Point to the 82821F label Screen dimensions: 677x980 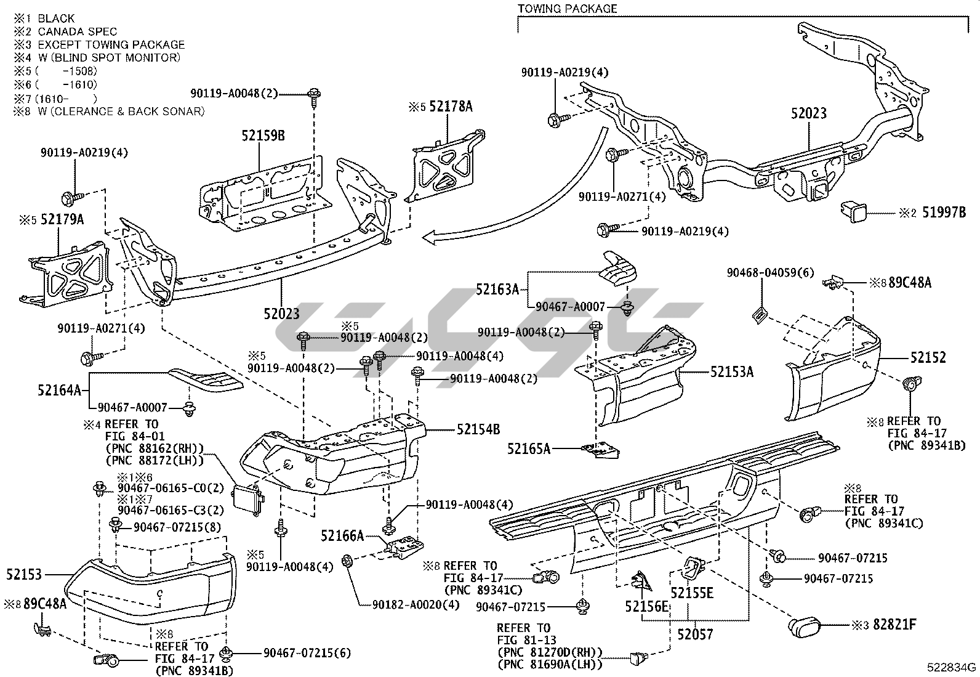[893, 625]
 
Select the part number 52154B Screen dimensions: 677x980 [478, 429]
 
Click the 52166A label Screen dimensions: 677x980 [342, 536]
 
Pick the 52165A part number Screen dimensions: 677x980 [528, 448]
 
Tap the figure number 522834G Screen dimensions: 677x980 [952, 667]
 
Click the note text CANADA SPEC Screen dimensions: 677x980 [77, 31]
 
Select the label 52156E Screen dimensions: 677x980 [646, 607]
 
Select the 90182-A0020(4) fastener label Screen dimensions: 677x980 [416, 604]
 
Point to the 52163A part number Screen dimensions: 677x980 [497, 288]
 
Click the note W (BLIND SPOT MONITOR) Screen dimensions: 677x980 [109, 57]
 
